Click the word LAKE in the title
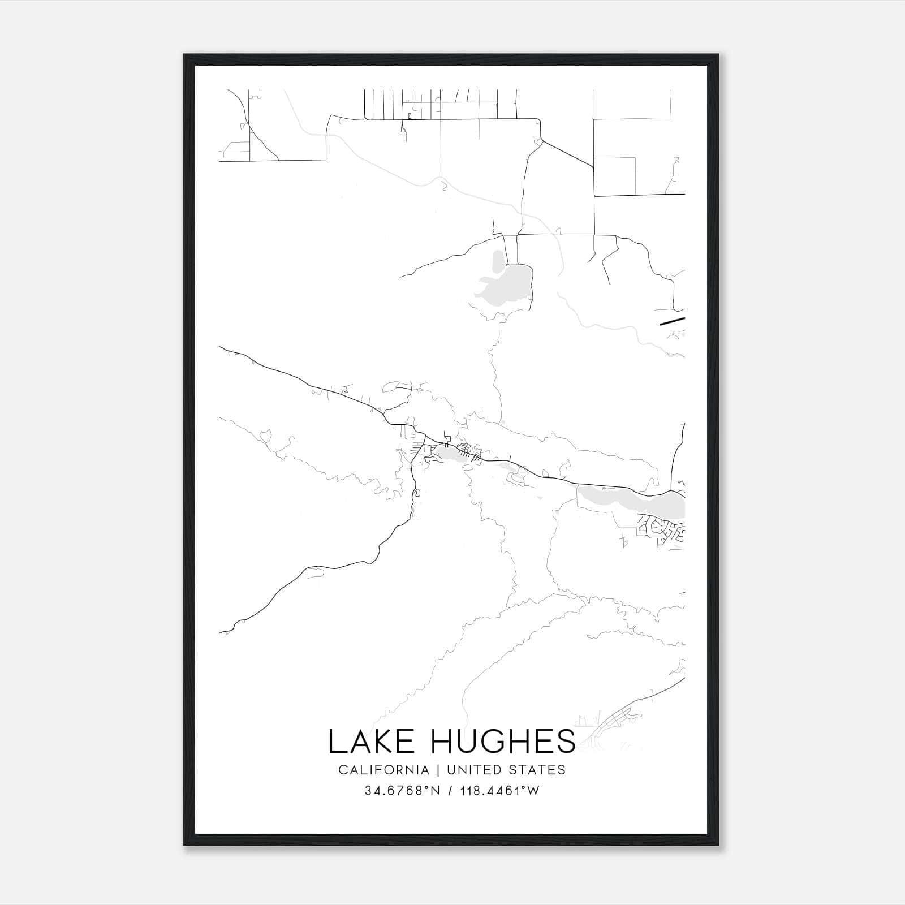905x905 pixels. click(371, 742)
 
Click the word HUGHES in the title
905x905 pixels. click(503, 742)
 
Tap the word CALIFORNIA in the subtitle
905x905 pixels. click(383, 770)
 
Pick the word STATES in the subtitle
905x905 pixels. click(538, 770)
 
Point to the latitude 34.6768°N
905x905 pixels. click(402, 791)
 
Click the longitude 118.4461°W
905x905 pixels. click(499, 791)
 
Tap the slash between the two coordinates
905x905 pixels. click(450, 791)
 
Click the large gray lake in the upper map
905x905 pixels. click(512, 286)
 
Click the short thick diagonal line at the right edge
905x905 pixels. click(672, 322)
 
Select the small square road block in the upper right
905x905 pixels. click(614, 176)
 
